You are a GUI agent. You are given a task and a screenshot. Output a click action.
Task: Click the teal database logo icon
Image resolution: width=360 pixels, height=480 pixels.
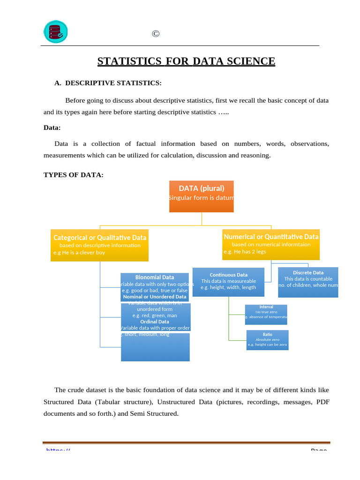pos(55,32)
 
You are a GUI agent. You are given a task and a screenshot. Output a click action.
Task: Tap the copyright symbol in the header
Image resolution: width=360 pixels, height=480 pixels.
pos(156,34)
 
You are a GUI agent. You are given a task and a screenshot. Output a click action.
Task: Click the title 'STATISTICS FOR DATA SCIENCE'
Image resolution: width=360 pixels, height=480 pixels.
pos(186,61)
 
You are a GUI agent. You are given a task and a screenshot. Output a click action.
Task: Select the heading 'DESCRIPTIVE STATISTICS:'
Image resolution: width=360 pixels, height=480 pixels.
pos(113,83)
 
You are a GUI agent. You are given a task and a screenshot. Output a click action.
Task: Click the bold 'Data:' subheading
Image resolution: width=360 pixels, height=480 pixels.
pos(52,127)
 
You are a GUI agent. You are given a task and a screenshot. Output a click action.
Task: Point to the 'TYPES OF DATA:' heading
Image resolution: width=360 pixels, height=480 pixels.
pos(74,175)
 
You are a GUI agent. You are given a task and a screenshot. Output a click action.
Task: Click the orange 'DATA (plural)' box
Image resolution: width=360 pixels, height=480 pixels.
pos(202,196)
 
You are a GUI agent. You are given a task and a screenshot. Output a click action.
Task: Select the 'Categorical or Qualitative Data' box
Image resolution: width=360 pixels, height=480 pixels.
pos(100,245)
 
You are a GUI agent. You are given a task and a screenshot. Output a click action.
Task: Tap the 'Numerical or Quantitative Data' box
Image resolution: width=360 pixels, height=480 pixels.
pos(271,244)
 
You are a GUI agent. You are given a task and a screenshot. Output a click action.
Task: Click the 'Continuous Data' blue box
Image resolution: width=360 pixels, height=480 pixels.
pos(228,281)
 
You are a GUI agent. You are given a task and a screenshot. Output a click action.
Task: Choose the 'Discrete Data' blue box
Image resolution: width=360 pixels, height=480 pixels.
pos(308,282)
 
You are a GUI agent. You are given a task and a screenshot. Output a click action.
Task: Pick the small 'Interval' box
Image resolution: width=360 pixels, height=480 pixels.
pos(266,314)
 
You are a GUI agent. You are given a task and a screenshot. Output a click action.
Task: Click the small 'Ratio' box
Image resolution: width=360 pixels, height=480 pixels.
pos(267,340)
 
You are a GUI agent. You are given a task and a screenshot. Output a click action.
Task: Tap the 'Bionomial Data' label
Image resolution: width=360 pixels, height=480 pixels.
pos(155,277)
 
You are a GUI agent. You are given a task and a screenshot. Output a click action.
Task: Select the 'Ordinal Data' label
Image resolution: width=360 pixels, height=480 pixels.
pos(155,322)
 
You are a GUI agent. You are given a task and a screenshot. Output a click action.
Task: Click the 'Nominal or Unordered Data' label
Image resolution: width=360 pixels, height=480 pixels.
pos(155,297)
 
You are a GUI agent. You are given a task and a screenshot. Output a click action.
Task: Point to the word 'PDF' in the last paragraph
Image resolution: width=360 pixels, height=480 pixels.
pos(323,402)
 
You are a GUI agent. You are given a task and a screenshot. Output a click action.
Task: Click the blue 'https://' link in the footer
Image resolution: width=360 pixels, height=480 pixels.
pos(58,450)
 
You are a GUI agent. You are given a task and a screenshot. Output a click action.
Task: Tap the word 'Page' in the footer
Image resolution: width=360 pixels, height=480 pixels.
pos(319,450)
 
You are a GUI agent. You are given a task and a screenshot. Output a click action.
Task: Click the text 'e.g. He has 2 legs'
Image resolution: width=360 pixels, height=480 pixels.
pos(245,252)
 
